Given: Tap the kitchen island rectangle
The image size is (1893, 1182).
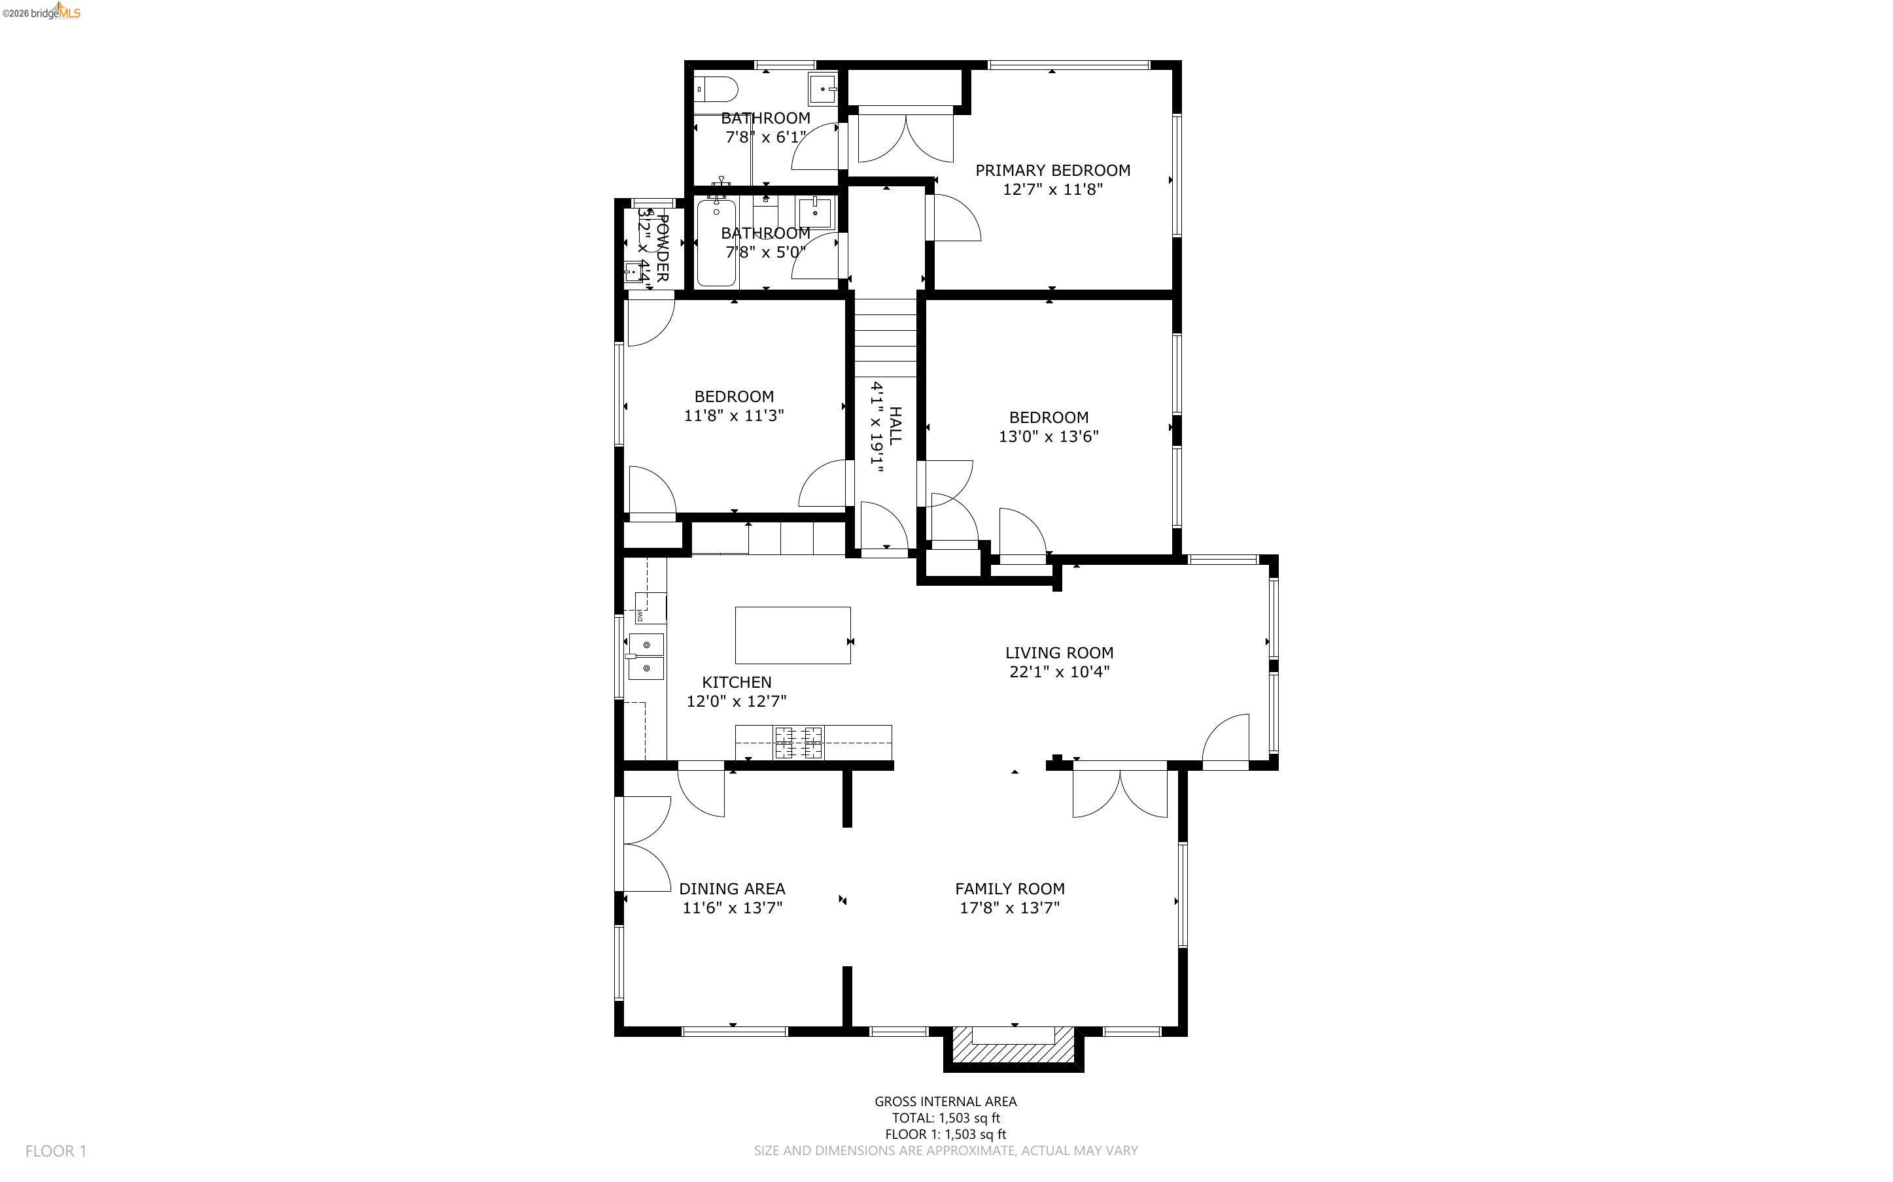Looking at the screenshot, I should pos(792,635).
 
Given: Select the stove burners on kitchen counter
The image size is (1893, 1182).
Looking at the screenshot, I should pos(798,742).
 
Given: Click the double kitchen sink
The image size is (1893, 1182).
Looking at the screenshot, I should pos(646,656).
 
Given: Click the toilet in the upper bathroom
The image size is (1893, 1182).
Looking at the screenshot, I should pos(716,89).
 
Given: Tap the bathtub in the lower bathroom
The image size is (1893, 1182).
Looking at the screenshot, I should pos(716,243).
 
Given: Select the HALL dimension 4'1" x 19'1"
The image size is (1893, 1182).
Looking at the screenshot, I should pos(877,427).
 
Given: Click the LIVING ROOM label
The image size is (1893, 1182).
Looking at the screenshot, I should pos(1059,652).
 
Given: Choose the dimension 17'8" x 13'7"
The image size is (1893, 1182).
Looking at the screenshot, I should pos(1009,907).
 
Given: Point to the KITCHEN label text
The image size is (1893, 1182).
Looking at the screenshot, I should pos(737,683).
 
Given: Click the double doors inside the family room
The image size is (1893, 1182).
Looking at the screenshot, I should pos(1120,794).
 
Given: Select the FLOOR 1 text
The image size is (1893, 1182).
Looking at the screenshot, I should pos(56,1151).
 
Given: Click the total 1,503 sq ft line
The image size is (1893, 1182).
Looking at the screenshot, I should pos(945,1118).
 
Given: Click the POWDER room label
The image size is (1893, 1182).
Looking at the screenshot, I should pos(661,247).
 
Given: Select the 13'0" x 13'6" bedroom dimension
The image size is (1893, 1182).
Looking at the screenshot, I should pos(1048,436).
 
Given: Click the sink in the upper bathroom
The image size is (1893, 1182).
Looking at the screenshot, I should pos(823,89).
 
